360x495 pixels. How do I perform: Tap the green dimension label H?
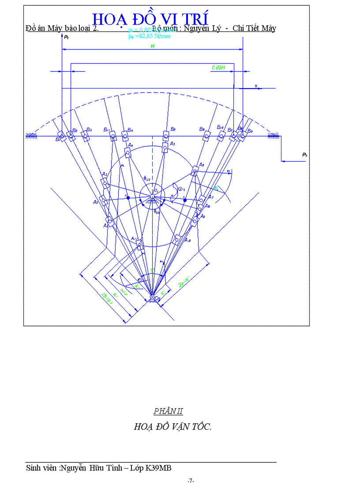tap(152, 46)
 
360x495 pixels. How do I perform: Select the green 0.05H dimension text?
tap(218, 67)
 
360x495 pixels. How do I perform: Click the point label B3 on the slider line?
tap(89, 130)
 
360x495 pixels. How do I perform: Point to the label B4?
tap(130, 130)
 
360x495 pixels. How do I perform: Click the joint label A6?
tap(201, 164)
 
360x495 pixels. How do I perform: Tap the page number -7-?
tap(191, 480)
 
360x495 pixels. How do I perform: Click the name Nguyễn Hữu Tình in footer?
tap(91, 468)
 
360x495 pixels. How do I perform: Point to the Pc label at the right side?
tap(305, 155)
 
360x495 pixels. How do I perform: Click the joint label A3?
tap(104, 175)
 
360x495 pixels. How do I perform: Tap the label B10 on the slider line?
tap(221, 127)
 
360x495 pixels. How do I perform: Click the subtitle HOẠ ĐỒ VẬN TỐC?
tap(172, 427)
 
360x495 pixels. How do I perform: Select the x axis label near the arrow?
tap(255, 86)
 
